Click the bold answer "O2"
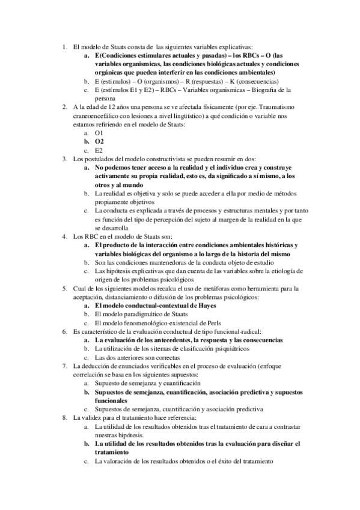tap(100, 141)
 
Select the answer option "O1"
tap(99, 132)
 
